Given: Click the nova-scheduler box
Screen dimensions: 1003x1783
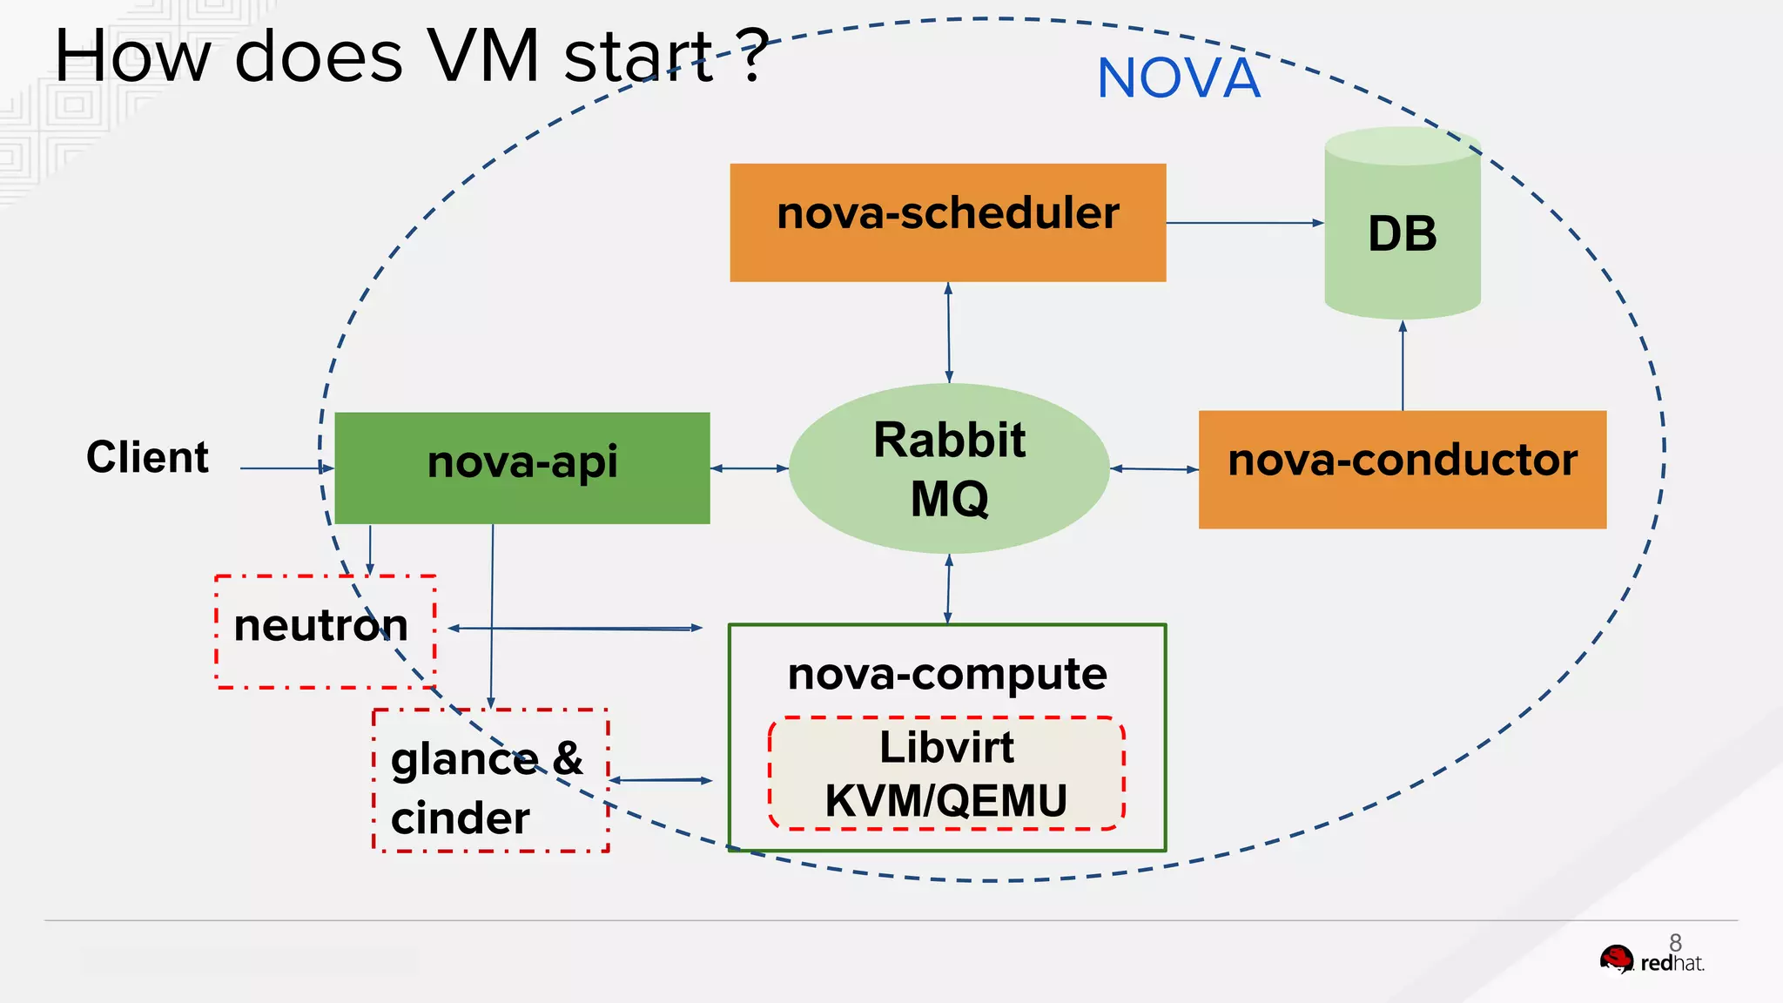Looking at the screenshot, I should click(x=947, y=222).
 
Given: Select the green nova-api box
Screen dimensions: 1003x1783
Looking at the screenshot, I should click(x=521, y=468).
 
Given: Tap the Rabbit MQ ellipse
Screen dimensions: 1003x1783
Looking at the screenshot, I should click(x=949, y=468).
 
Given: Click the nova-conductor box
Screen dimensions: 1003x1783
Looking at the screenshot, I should click(x=1402, y=468).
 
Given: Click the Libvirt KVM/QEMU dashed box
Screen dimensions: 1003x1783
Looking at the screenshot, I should click(x=946, y=773).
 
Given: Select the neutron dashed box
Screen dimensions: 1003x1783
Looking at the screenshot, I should click(x=325, y=631).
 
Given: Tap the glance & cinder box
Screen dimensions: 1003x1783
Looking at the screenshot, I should click(x=490, y=781).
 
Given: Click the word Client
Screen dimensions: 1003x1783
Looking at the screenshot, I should click(x=147, y=457).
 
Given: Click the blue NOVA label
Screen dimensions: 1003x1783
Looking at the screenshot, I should click(x=1178, y=78).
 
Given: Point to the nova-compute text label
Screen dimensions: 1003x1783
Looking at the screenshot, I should click(x=946, y=674).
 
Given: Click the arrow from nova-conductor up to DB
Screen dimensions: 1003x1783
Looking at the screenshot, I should click(x=1403, y=366).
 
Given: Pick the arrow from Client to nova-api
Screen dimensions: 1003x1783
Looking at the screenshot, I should click(x=286, y=468).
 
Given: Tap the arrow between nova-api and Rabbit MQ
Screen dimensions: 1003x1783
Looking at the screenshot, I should click(x=749, y=468).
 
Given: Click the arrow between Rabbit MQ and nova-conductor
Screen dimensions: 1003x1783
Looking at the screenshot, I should click(x=1154, y=468).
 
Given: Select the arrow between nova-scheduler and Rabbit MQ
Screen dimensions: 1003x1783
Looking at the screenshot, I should click(x=948, y=332).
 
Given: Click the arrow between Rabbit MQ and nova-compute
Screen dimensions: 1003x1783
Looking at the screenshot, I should click(x=948, y=589).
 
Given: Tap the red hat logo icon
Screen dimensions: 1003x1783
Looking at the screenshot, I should click(x=1617, y=961).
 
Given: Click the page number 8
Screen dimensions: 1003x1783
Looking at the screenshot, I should click(x=1675, y=942).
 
